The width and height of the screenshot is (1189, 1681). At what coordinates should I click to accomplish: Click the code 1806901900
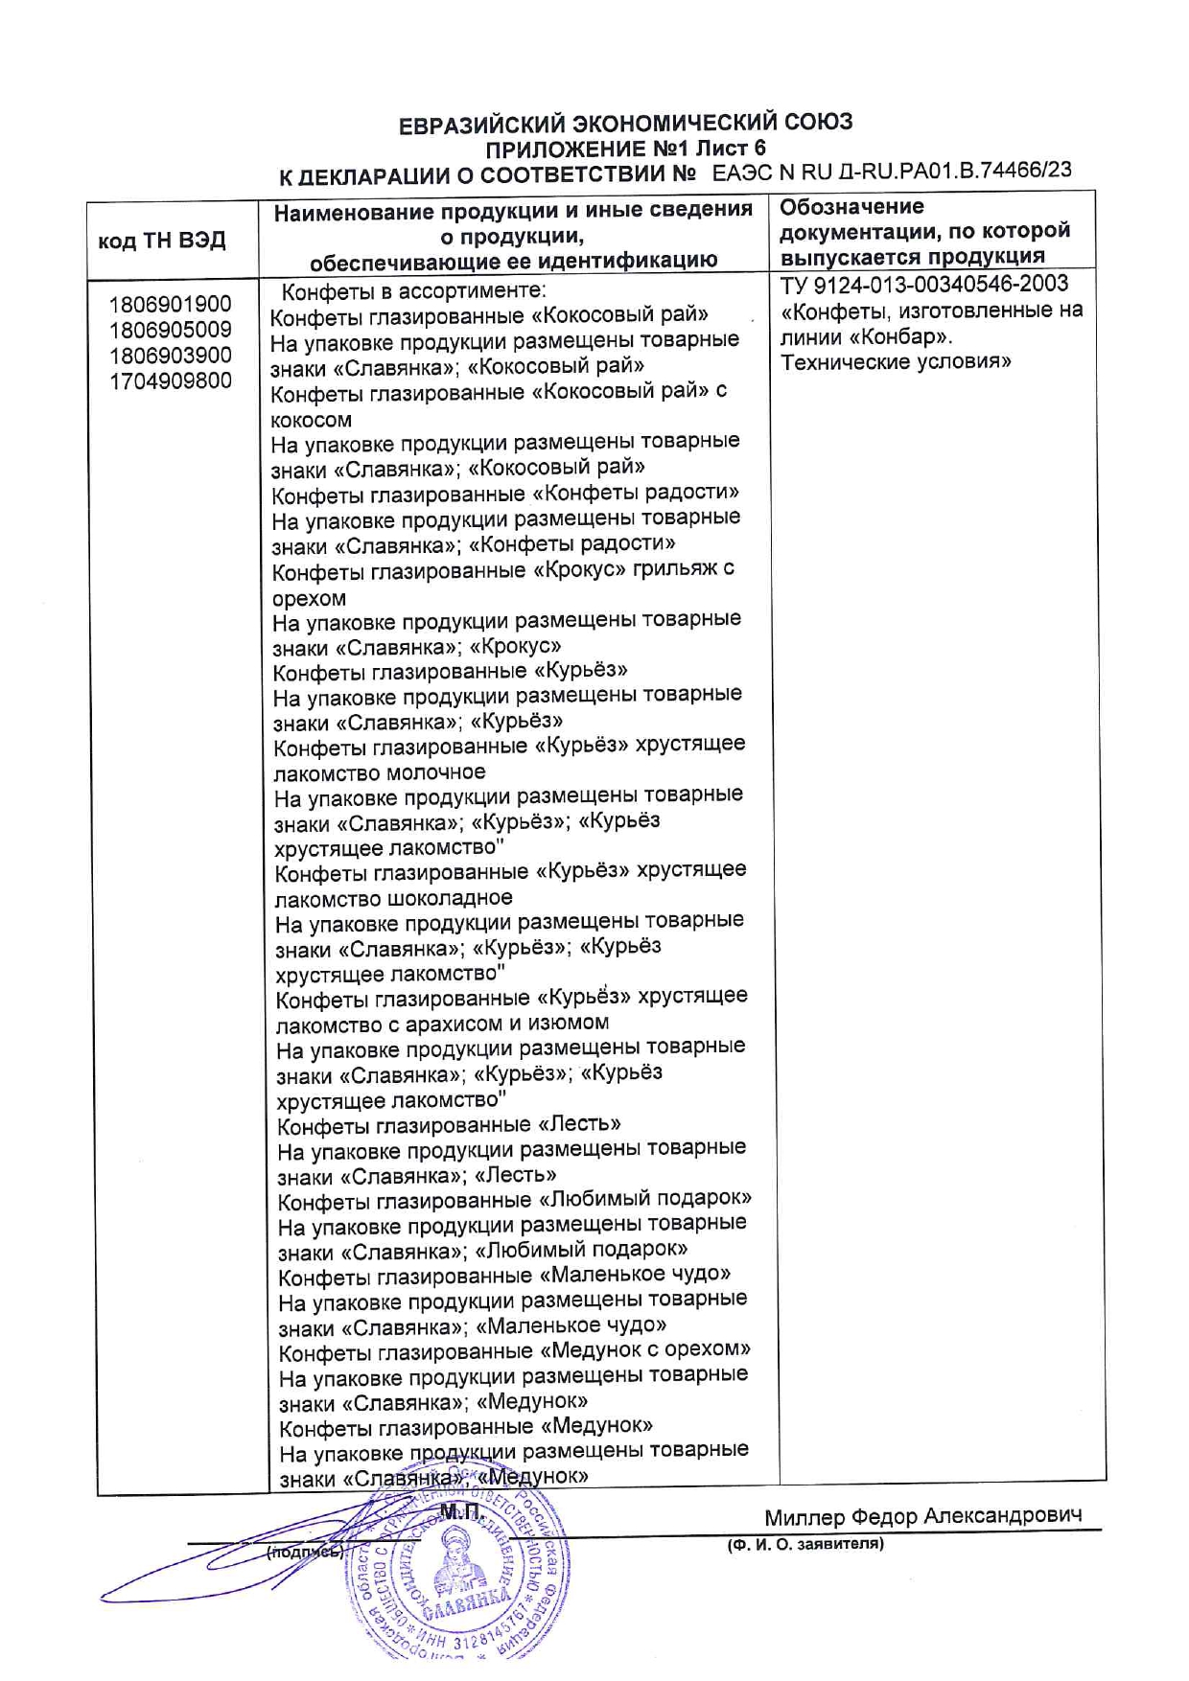(170, 305)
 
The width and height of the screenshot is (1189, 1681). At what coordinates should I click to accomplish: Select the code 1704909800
(170, 380)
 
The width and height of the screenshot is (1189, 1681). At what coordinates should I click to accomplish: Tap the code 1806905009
(170, 330)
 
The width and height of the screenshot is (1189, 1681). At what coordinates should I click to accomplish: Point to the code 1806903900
(170, 356)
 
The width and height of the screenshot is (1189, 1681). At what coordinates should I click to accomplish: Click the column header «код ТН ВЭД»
(162, 240)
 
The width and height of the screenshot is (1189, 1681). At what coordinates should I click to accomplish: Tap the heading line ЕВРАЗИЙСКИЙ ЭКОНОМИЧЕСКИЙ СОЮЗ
(625, 123)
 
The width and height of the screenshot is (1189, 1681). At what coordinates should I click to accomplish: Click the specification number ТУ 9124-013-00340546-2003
(924, 285)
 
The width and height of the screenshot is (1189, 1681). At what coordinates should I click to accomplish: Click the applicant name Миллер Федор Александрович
(922, 1517)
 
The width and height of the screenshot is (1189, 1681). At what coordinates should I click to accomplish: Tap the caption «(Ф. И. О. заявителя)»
(805, 1544)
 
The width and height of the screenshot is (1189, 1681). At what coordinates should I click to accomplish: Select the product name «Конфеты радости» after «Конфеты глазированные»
(636, 493)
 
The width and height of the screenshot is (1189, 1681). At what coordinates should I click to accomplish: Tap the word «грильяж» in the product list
(677, 569)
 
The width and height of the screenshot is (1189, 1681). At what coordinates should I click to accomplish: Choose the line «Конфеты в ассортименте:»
(414, 291)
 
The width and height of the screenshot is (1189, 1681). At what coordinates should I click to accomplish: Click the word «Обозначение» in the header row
(851, 207)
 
